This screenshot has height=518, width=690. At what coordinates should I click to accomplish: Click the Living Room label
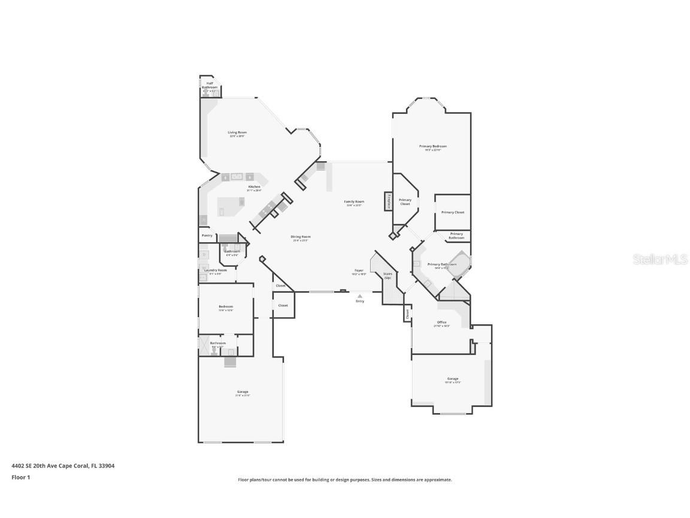tap(237, 132)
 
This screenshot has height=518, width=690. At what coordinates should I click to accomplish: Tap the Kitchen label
tap(255, 187)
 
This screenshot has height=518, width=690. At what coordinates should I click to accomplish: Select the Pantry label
tap(207, 236)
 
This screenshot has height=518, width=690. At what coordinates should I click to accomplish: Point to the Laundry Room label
tap(216, 270)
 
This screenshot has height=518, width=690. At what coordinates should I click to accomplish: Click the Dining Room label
tap(301, 237)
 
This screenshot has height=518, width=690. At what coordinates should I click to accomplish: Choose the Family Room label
tap(354, 202)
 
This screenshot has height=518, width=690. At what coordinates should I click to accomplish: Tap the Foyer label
tap(359, 271)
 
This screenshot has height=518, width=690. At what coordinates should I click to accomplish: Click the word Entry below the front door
tap(359, 301)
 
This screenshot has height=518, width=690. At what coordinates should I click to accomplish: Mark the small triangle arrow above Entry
tap(359, 296)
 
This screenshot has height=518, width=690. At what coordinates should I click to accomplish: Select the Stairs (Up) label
tap(388, 276)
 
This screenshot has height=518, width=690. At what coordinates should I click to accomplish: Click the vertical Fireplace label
tap(389, 201)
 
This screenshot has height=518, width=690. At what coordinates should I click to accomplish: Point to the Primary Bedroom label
tap(432, 146)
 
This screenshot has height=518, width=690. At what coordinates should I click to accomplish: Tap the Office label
tap(441, 323)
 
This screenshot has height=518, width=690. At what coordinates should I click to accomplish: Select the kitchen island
tap(230, 206)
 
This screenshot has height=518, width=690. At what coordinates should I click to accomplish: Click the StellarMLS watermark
tap(662, 260)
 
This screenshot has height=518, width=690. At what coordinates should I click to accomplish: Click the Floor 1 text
tap(20, 477)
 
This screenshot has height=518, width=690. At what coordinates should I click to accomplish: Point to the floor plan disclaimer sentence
tap(344, 480)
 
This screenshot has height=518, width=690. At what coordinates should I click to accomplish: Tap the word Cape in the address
tap(71, 465)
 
